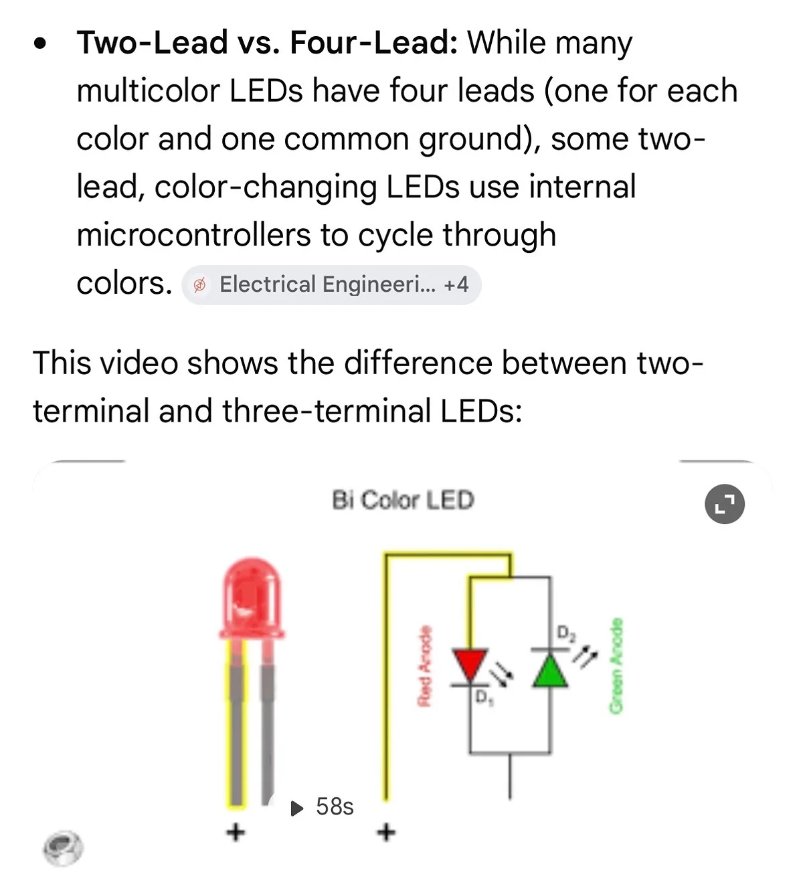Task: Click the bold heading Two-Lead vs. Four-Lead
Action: (x=267, y=43)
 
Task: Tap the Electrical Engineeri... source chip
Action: (x=331, y=284)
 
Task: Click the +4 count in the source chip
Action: (x=456, y=284)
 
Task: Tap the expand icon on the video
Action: (x=725, y=504)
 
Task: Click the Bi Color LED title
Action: (x=403, y=500)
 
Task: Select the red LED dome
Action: (x=252, y=598)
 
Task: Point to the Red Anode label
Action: (x=424, y=666)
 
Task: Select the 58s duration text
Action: (x=335, y=807)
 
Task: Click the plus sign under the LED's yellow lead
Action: (x=236, y=831)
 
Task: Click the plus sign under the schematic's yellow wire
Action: (x=386, y=831)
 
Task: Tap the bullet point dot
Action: (x=40, y=43)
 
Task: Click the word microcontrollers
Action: (x=193, y=235)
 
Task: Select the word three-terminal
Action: (x=327, y=411)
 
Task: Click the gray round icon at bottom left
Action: (x=63, y=848)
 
